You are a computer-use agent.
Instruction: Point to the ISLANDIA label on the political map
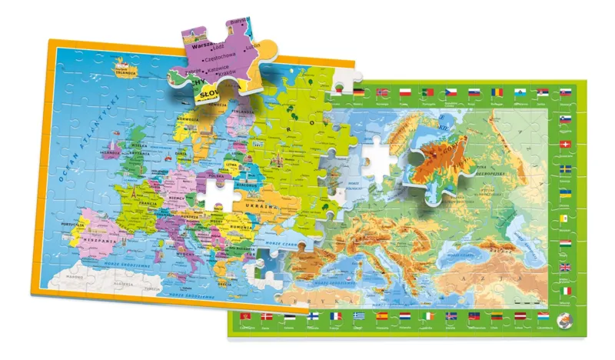[x=125, y=73]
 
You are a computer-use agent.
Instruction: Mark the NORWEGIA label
[x=190, y=121]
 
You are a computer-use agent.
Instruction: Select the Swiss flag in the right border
[x=566, y=145]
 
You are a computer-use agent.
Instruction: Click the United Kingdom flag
[x=566, y=268]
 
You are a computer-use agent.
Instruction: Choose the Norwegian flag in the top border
[x=382, y=92]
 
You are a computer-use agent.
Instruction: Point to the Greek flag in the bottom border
[x=359, y=315]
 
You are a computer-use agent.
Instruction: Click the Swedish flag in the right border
[x=566, y=168]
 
